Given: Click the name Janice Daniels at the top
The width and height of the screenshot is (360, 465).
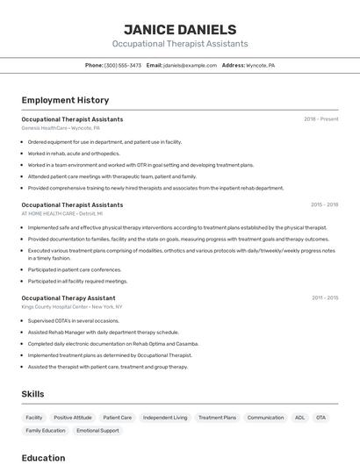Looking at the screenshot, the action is tap(180, 29).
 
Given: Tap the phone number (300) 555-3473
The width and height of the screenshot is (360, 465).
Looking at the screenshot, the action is tap(123, 65).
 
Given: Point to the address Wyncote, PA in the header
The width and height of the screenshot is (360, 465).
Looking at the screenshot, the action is tap(260, 65).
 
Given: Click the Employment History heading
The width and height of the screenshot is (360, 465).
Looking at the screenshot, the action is tap(65, 100).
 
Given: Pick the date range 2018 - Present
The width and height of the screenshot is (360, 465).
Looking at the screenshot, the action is tap(320, 119).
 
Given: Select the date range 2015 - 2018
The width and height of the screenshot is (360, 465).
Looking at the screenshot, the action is tap(324, 204).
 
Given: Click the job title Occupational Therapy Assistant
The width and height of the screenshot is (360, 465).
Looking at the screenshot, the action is tap(68, 298).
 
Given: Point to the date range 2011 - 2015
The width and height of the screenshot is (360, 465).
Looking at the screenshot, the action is tap(324, 298).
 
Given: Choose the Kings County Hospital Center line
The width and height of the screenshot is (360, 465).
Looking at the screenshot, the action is tap(72, 307).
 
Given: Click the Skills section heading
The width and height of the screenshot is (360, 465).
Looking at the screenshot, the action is tap(32, 394).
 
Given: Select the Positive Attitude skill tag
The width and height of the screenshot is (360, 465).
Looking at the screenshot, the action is tap(73, 418).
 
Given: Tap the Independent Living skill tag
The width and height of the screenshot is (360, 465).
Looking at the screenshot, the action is tap(165, 418).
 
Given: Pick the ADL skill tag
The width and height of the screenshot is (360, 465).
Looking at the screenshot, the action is tap(299, 418).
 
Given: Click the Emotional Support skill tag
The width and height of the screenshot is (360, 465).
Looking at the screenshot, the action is tap(97, 431).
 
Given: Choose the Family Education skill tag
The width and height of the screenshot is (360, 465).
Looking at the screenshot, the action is tap(46, 431).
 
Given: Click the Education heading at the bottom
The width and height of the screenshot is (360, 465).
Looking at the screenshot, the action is tap(43, 457).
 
